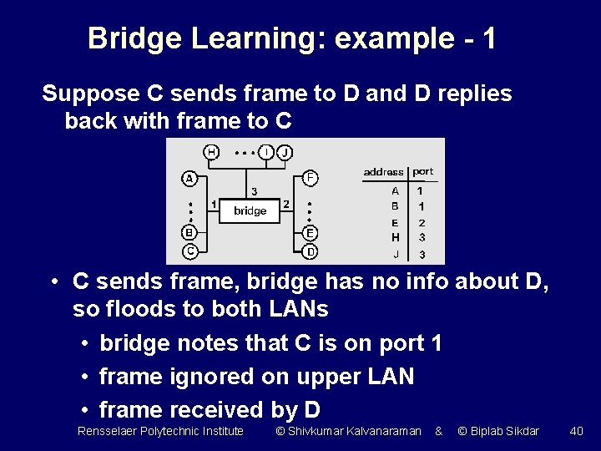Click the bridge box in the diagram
[x=250, y=210]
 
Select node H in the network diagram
[x=212, y=152]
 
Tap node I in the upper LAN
[x=266, y=152]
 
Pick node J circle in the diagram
[x=285, y=152]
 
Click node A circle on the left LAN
[x=190, y=178]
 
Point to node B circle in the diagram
[x=190, y=233]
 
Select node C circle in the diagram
[x=190, y=251]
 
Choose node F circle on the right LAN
[x=310, y=177]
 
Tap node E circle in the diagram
[x=310, y=233]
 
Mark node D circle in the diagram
[x=310, y=251]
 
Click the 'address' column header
[x=383, y=172]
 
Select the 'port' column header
[x=423, y=171]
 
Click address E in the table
[x=395, y=223]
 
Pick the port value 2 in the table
[x=422, y=223]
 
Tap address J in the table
[x=396, y=254]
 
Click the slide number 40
[x=576, y=431]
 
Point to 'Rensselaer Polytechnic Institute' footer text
[x=160, y=431]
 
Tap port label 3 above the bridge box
[x=255, y=191]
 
